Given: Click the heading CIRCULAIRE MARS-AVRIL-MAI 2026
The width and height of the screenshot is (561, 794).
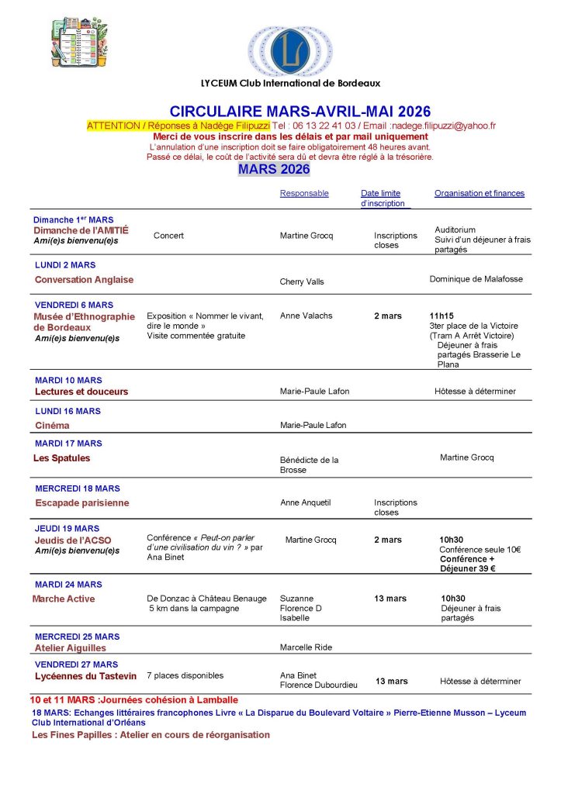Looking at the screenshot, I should coord(300,112).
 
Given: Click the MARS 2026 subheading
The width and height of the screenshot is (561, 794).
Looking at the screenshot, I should coord(274,169).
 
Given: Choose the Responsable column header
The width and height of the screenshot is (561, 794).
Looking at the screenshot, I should coord(304,194).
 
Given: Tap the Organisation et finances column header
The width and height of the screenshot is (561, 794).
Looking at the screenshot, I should coord(479,194).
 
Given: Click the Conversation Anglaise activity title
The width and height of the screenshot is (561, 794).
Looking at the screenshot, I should coord(84,279).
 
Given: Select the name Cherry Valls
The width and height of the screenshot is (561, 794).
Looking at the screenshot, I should coord(302,281).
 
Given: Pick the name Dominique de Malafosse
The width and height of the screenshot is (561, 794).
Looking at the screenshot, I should coord(476,278).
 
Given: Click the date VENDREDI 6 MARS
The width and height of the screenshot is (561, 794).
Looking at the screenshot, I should coord(74,305).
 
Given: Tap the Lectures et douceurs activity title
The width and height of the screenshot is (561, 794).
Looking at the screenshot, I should coord(81,392).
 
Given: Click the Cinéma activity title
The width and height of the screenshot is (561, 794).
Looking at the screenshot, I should coord(52,425).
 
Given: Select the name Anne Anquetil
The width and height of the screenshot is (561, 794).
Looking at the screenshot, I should coord(305,502).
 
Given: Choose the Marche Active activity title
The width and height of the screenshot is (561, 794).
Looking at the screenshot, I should coord(64,599).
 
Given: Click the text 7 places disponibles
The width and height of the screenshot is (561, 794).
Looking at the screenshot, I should coord(185,675).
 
